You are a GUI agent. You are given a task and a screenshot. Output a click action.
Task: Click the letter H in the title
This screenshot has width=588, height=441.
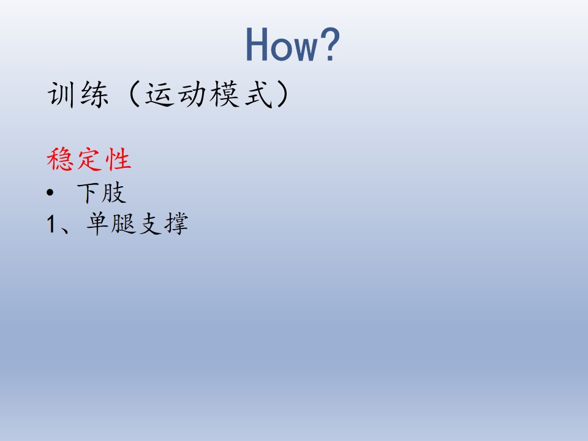tap(257, 44)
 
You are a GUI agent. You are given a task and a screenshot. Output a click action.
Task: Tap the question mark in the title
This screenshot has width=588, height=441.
tap(330, 44)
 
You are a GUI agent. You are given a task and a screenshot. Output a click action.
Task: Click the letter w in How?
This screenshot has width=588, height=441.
tap(304, 48)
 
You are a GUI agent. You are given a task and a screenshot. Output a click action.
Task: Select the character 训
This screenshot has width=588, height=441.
tap(61, 94)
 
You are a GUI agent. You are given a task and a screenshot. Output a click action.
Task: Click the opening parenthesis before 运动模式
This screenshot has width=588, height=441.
tap(134, 94)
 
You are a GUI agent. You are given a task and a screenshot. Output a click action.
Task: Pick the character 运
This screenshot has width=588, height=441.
tap(159, 94)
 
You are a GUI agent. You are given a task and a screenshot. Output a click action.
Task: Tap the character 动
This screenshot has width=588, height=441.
tap(191, 94)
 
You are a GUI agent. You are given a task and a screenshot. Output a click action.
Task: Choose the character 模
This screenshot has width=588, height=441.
tap(224, 94)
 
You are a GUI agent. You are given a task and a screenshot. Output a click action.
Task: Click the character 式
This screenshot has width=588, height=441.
tap(258, 94)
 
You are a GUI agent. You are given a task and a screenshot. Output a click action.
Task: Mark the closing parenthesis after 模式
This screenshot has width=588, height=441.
tap(283, 94)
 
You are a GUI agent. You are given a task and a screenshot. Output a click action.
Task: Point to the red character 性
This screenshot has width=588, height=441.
tap(118, 159)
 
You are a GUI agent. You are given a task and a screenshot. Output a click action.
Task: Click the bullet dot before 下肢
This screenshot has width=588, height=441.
tap(50, 193)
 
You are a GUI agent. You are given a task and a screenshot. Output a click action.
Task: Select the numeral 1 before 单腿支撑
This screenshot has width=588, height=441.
tap(51, 224)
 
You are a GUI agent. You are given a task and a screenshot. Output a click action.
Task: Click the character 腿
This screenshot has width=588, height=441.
tap(123, 224)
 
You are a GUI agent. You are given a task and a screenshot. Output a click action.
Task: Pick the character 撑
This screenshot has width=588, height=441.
tap(176, 224)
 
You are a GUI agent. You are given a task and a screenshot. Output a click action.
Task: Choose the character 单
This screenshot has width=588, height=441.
tap(98, 224)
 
